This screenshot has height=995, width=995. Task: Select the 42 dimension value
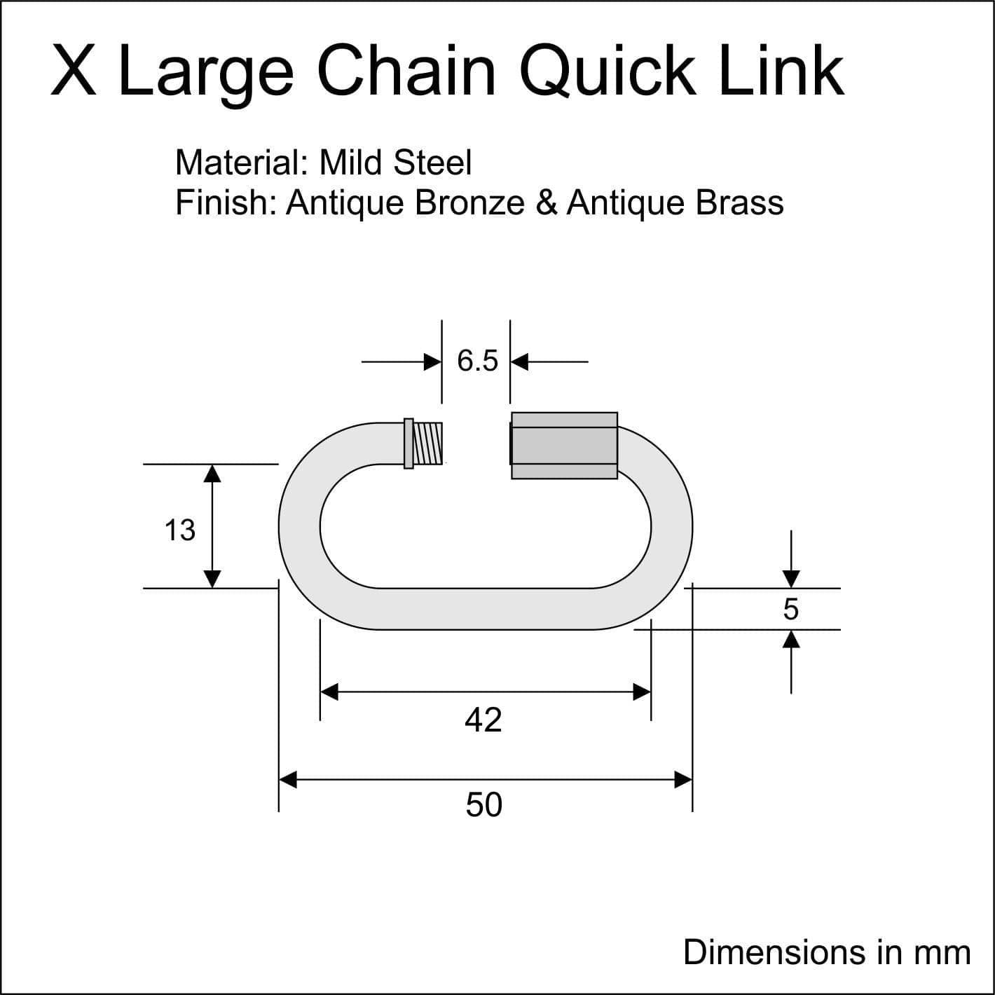coord(483,720)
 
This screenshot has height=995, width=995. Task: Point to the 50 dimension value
coord(483,805)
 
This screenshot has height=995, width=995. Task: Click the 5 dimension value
coord(790,610)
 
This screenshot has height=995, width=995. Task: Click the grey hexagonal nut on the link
coord(564,446)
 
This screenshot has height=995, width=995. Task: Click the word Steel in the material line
coord(432,163)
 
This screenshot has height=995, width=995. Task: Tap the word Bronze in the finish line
coord(470,203)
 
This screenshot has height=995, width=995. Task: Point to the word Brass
coord(739,203)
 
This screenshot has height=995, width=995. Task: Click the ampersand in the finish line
coord(547,203)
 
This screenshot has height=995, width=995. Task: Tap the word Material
coord(242,163)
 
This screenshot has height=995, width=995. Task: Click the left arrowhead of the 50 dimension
coord(287,780)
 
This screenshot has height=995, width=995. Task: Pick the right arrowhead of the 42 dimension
coord(642,692)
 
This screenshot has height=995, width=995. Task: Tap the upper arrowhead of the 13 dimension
coord(212,474)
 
